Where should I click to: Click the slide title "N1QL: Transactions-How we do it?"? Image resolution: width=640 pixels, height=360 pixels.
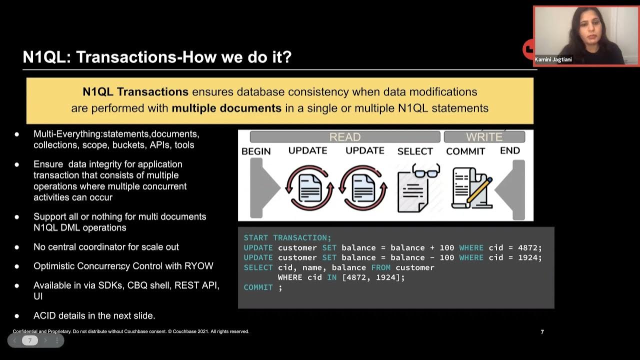point(157,57)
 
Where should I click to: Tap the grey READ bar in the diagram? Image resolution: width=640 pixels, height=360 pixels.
point(344,137)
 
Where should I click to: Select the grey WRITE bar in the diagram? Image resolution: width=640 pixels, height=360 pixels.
point(484,137)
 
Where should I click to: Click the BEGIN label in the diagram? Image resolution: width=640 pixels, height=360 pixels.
point(256,151)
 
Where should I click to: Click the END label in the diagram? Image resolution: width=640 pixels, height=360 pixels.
point(509,150)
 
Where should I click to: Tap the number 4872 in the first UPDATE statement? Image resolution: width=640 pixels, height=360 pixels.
point(528,247)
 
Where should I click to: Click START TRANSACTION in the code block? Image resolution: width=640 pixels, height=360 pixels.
point(287,237)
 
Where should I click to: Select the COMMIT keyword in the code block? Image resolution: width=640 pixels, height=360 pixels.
point(258,287)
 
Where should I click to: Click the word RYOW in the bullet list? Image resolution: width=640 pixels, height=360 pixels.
point(199,266)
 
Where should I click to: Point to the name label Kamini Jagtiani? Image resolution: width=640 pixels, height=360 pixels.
point(553,59)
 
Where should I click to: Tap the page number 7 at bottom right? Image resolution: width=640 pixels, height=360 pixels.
point(542,332)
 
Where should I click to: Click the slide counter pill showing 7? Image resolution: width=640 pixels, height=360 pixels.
point(30,340)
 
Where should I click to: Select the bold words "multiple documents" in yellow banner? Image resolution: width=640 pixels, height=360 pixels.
point(226,108)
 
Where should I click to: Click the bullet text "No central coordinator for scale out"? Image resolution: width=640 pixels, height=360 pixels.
point(106,247)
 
